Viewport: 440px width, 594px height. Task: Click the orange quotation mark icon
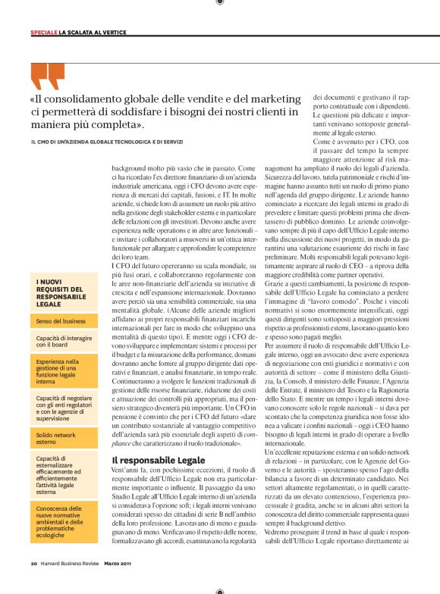(x=48, y=77)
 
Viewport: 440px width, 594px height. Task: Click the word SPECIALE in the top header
(x=44, y=33)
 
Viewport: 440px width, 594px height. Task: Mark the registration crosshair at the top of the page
(x=219, y=3)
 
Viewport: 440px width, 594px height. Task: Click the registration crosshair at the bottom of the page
(x=219, y=591)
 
